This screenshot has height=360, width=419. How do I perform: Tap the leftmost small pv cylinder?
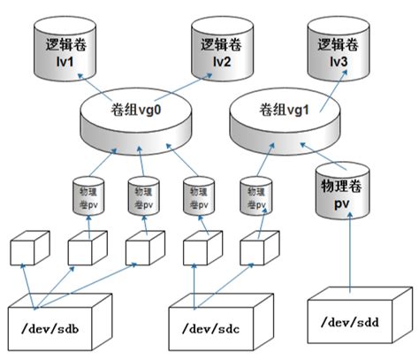(88, 197)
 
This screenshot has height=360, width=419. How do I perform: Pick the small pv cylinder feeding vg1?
(256, 197)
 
